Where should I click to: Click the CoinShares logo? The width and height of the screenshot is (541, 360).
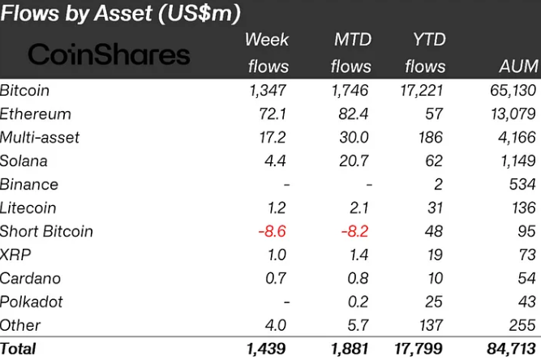pos(109,54)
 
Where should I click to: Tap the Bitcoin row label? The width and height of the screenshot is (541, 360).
pos(25,90)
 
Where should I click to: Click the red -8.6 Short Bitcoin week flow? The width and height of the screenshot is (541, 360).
pos(273,231)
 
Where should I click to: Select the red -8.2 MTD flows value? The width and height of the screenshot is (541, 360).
pos(354,231)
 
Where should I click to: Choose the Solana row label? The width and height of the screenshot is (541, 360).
pos(24,161)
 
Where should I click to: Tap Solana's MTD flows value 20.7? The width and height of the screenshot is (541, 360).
pos(354,161)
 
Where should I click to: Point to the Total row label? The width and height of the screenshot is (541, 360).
pos(19,349)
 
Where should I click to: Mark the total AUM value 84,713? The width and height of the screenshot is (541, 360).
pos(511,349)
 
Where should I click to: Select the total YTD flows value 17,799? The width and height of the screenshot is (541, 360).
pos(422,349)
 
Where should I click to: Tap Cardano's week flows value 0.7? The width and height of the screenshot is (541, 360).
pos(277,278)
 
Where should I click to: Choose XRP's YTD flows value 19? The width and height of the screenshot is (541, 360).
pos(436,255)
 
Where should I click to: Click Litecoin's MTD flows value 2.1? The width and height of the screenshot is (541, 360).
pos(358,208)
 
